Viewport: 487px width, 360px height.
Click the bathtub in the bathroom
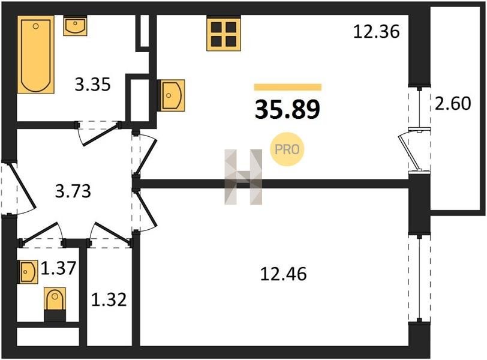pyautogui.click(x=36, y=55)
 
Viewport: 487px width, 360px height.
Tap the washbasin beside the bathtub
pyautogui.click(x=75, y=25)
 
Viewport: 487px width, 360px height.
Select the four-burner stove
pyautogui.click(x=224, y=32)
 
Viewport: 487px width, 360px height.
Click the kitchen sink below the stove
pyautogui.click(x=171, y=95)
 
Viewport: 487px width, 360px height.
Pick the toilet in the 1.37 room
pyautogui.click(x=55, y=304)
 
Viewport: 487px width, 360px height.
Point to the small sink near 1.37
pyautogui.click(x=29, y=272)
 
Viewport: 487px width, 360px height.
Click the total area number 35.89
pyautogui.click(x=287, y=110)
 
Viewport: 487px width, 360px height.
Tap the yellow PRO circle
pyautogui.click(x=287, y=149)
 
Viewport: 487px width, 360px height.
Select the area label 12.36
pyautogui.click(x=376, y=32)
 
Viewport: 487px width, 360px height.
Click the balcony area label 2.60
pyautogui.click(x=453, y=104)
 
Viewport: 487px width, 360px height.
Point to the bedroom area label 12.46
pyautogui.click(x=283, y=274)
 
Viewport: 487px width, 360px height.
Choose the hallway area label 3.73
pyautogui.click(x=73, y=191)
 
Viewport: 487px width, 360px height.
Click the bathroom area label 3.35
pyautogui.click(x=92, y=85)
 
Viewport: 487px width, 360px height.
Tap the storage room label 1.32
pyautogui.click(x=109, y=300)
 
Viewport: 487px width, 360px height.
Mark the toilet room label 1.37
pyautogui.click(x=58, y=268)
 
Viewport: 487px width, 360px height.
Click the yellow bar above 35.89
pyautogui.click(x=288, y=87)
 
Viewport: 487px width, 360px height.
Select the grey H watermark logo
pyautogui.click(x=243, y=177)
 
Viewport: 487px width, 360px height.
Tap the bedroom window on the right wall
pyautogui.click(x=420, y=278)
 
